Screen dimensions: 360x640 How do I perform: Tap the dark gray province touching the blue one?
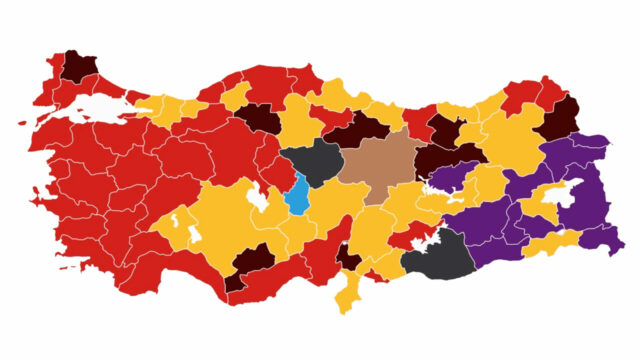point(312,159)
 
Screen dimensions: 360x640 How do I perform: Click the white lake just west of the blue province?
point(258,201)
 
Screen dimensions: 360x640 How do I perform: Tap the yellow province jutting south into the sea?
point(349,295)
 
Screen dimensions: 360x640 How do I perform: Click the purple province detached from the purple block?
point(452,177)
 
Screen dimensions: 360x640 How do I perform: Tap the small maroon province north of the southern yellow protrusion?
point(348,257)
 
